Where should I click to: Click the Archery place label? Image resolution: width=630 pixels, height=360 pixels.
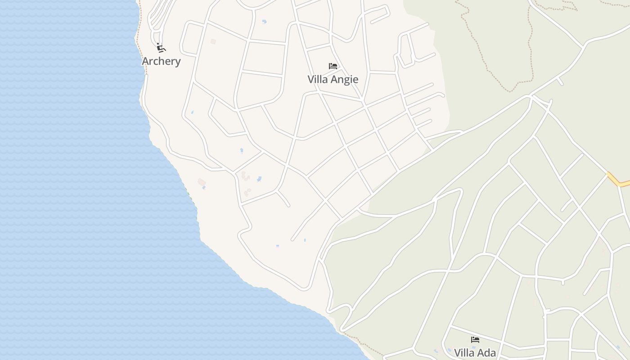click(161, 61)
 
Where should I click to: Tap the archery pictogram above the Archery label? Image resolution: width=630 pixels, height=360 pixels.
click(161, 48)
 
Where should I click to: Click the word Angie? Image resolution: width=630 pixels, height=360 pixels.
click(346, 80)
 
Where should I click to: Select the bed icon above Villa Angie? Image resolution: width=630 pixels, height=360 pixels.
click(333, 66)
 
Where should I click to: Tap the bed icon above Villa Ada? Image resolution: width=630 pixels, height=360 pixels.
click(475, 340)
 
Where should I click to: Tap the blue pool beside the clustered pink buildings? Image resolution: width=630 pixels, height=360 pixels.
click(259, 179)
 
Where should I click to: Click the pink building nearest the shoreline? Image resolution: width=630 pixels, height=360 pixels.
click(201, 182)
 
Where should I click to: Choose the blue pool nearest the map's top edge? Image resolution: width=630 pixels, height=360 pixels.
click(264, 21)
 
